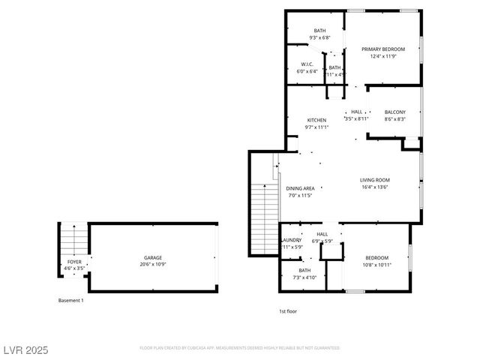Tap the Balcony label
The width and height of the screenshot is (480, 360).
click(x=394, y=112)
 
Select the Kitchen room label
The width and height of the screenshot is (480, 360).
click(x=316, y=120)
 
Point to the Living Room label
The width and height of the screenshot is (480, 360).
click(x=374, y=179)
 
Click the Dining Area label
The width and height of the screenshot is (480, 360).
click(x=300, y=188)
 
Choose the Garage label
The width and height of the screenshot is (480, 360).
click(x=153, y=258)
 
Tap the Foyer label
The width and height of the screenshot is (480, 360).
click(x=74, y=261)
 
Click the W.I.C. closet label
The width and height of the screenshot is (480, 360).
click(x=307, y=64)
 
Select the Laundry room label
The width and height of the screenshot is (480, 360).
click(x=291, y=240)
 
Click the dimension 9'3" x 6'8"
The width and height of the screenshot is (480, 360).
click(x=319, y=37)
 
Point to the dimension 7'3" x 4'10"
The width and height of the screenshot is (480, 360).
click(x=304, y=277)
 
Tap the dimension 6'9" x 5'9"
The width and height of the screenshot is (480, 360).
click(x=322, y=241)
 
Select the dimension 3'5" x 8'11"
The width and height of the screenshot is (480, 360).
click(x=356, y=118)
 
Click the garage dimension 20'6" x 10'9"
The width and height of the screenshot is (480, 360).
click(x=153, y=265)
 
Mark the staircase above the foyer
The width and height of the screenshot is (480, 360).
click(x=73, y=240)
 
